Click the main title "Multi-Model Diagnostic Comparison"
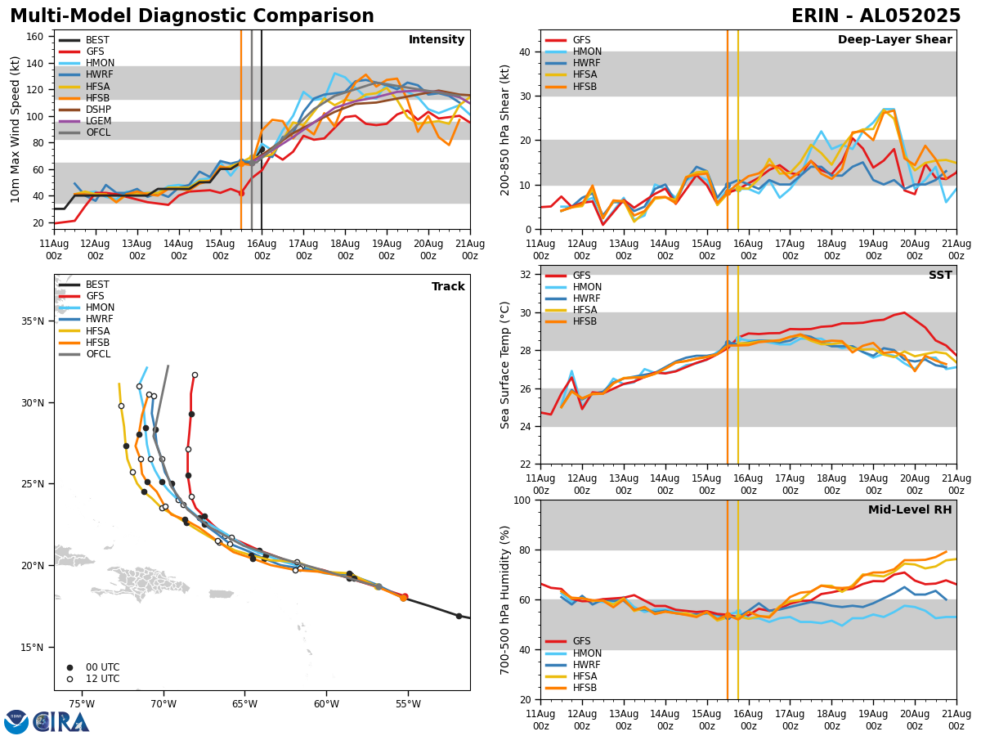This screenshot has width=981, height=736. tap(192, 16)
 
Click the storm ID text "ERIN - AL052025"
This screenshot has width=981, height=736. tap(876, 16)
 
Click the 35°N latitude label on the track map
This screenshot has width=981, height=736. tap(33, 321)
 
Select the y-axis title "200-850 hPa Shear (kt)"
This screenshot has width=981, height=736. tap(505, 129)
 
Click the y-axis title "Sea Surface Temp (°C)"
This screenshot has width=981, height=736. tap(505, 365)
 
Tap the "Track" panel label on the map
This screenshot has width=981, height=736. tap(448, 287)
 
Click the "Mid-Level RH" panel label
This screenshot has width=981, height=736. tap(910, 510)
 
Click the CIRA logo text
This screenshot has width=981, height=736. tap(61, 722)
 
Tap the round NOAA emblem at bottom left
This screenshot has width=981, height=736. tap(16, 722)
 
